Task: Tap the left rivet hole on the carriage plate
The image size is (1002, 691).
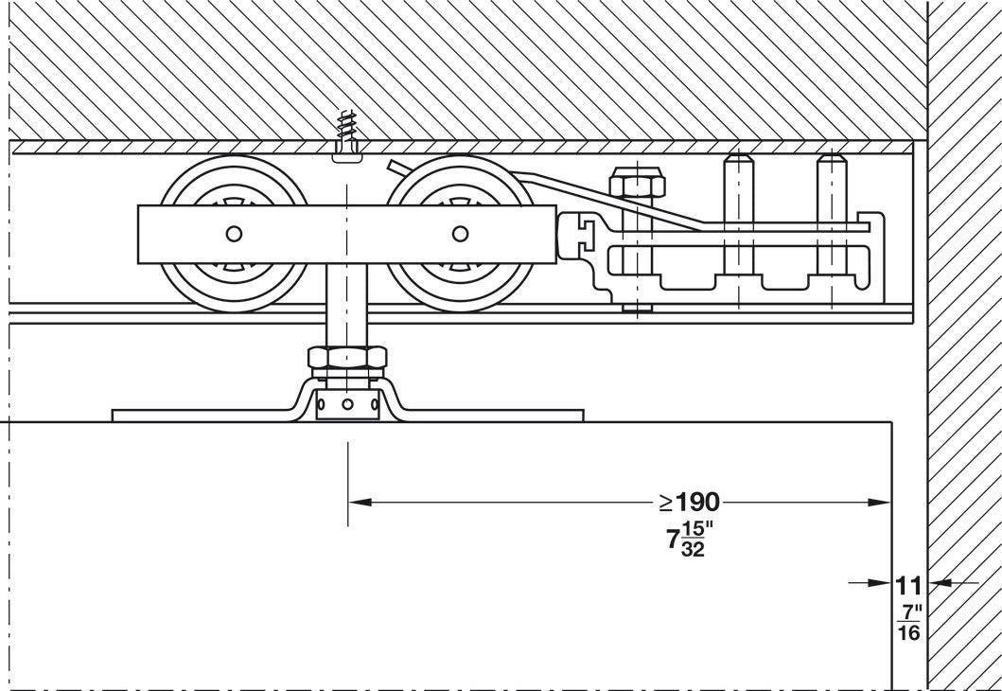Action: pos(234,234)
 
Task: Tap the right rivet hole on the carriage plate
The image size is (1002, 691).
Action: pos(460,234)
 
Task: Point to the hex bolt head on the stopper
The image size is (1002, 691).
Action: pos(636,182)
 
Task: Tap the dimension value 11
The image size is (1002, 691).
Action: pos(908,584)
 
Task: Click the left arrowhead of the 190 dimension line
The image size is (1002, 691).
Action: pos(358,502)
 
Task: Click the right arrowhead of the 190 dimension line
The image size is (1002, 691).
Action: pos(884,502)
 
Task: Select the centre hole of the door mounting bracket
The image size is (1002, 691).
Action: pos(347,405)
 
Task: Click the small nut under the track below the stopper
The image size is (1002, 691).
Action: pos(637,306)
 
